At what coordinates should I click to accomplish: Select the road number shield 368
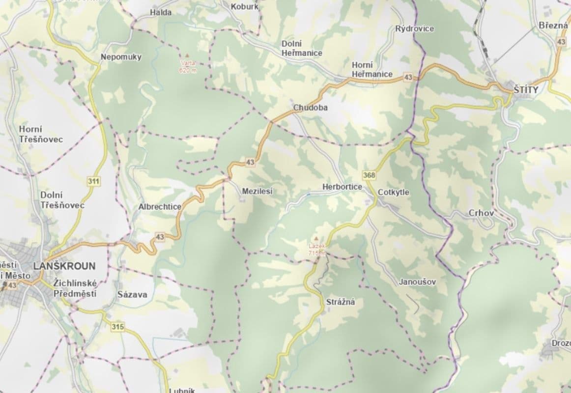pyautogui.click(x=370, y=175)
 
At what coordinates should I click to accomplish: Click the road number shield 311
pyautogui.click(x=93, y=181)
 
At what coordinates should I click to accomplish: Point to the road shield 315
pyautogui.click(x=117, y=327)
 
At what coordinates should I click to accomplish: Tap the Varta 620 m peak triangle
pyautogui.click(x=186, y=56)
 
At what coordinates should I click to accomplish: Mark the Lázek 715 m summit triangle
pyautogui.click(x=317, y=237)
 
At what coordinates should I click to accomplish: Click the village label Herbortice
pyautogui.click(x=342, y=187)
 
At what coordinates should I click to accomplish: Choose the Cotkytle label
pyautogui.click(x=393, y=193)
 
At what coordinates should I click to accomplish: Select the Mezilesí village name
pyautogui.click(x=257, y=192)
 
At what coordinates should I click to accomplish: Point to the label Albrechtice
pyautogui.click(x=160, y=207)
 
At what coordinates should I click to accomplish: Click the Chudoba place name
pyautogui.click(x=310, y=107)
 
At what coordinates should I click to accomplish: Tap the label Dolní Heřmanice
pyautogui.click(x=302, y=48)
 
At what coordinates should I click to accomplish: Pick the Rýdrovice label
pyautogui.click(x=415, y=28)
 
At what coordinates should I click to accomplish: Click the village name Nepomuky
pyautogui.click(x=121, y=57)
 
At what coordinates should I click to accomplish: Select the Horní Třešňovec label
pyautogui.click(x=41, y=134)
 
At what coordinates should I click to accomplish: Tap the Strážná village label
pyautogui.click(x=341, y=302)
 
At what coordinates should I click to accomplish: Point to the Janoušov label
pyautogui.click(x=417, y=282)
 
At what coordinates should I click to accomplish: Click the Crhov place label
pyautogui.click(x=481, y=213)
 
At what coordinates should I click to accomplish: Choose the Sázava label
pyautogui.click(x=132, y=295)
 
